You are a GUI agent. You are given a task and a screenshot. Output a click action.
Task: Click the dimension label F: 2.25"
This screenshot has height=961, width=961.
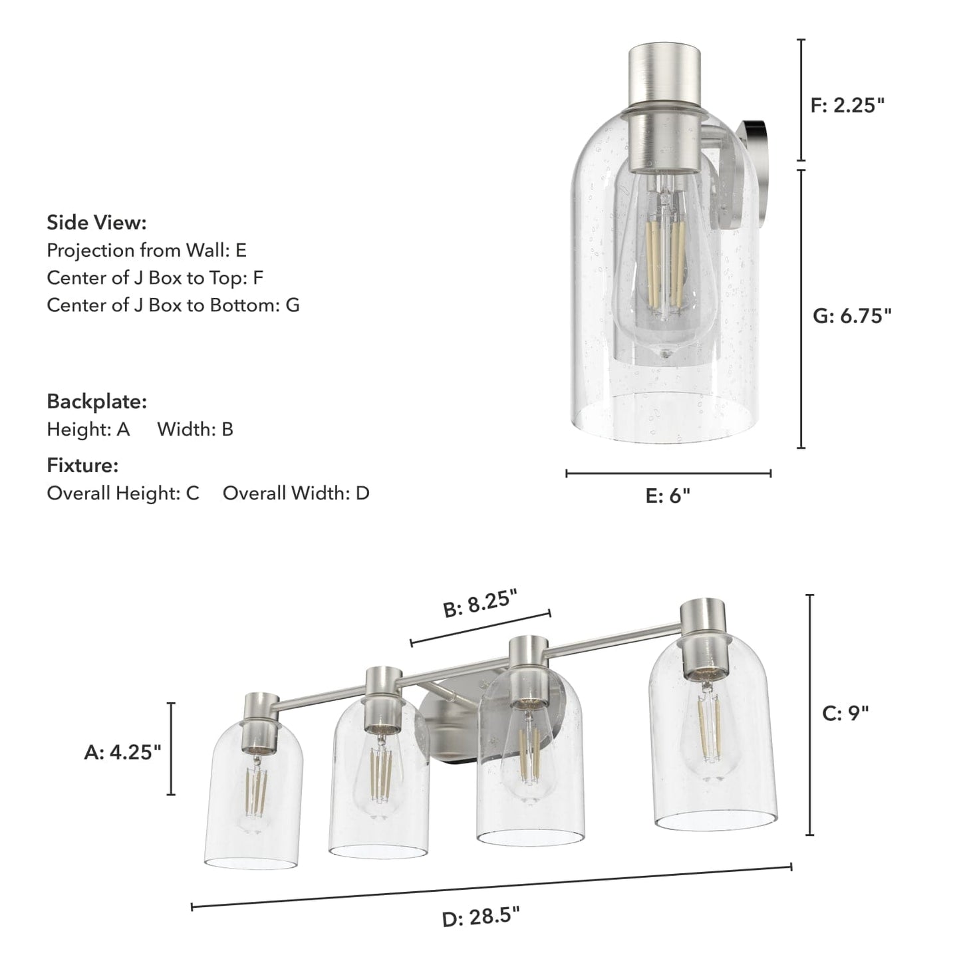click(x=847, y=105)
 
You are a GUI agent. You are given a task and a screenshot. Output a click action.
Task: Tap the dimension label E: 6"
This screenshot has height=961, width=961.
click(x=668, y=496)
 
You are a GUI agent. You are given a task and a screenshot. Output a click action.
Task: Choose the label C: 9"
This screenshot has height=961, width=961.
click(x=845, y=714)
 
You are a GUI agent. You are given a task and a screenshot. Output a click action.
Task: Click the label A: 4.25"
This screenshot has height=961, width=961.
click(x=123, y=752)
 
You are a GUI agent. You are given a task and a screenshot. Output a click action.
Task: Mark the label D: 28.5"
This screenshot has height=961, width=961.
click(x=480, y=918)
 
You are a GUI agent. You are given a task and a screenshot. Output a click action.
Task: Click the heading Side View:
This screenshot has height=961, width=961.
click(x=96, y=223)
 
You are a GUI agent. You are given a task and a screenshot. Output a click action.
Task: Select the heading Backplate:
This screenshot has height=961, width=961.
click(x=96, y=402)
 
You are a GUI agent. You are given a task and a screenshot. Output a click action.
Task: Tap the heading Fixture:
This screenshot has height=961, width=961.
click(x=82, y=466)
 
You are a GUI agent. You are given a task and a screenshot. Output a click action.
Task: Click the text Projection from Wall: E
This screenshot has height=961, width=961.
click(x=146, y=250)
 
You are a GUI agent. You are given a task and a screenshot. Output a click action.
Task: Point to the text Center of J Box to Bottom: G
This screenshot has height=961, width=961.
click(x=173, y=305)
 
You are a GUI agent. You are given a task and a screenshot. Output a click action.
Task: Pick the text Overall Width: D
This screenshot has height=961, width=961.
click(x=296, y=493)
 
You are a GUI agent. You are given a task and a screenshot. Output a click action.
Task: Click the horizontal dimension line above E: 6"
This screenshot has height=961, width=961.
click(x=668, y=474)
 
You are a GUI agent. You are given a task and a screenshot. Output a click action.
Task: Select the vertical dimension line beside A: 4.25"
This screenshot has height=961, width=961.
click(x=172, y=748)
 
